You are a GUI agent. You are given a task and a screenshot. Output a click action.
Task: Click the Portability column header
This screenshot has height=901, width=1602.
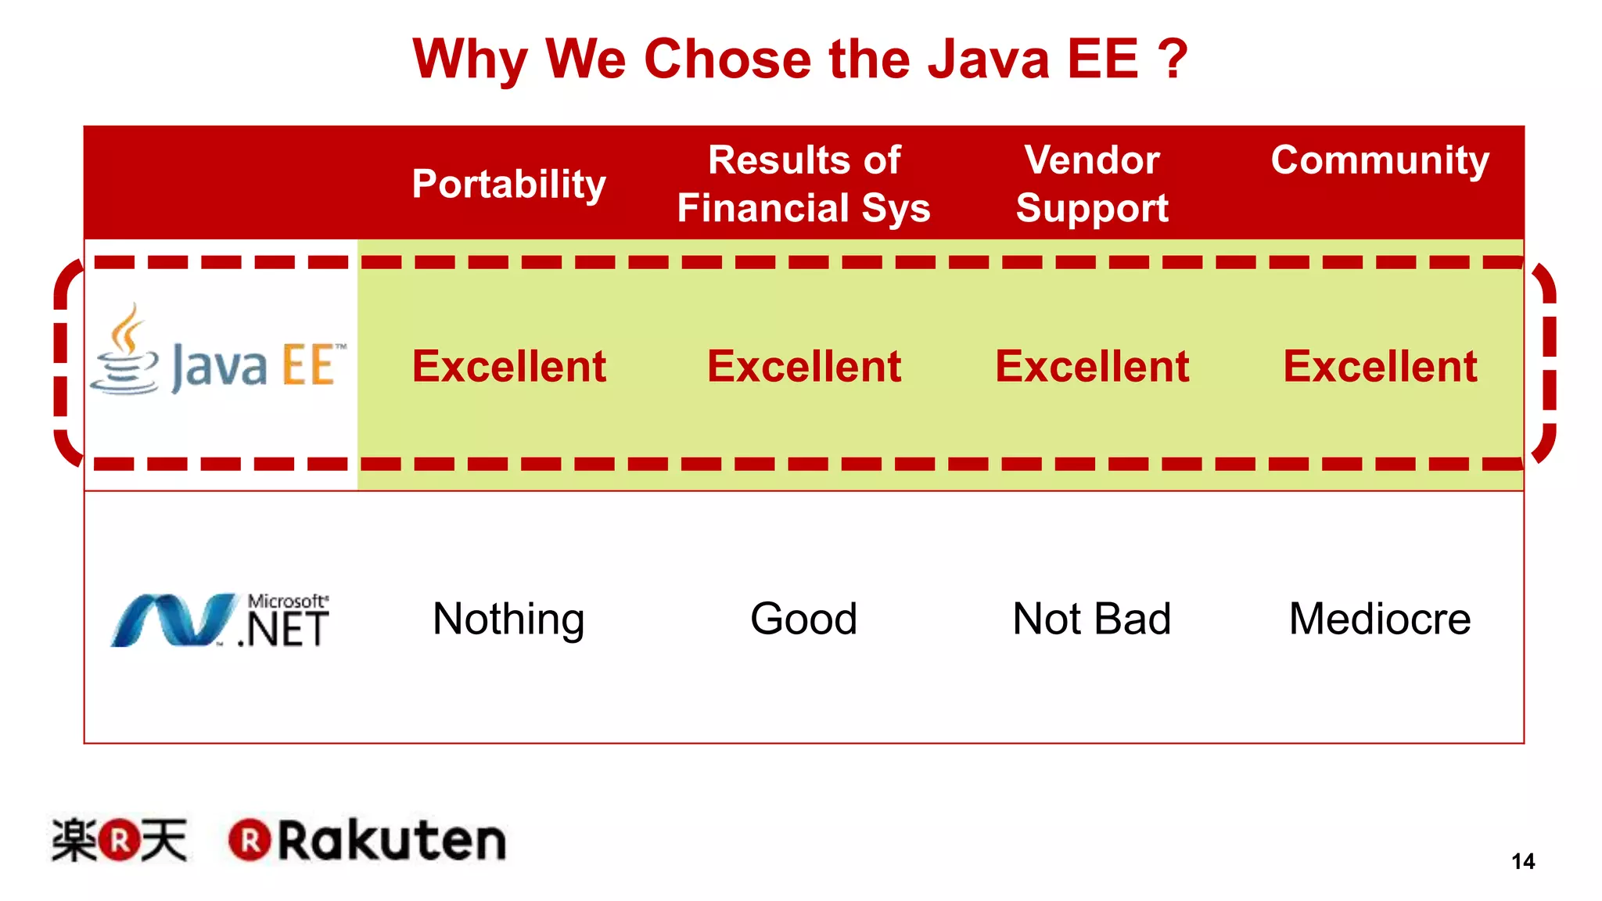pyautogui.click(x=509, y=185)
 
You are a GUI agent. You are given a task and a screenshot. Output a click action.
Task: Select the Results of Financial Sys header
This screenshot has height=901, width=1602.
pyautogui.click(x=804, y=185)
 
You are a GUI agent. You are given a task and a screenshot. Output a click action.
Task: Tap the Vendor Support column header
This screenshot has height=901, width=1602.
pyautogui.click(x=1092, y=185)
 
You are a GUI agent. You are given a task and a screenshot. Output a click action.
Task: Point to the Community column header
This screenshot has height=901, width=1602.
pyautogui.click(x=1380, y=161)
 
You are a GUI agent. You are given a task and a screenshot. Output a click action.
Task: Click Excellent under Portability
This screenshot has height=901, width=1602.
pyautogui.click(x=509, y=366)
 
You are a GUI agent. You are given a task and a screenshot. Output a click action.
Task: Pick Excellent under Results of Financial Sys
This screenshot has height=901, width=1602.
pyautogui.click(x=804, y=366)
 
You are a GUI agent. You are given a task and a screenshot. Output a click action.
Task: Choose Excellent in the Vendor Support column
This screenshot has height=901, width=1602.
pyautogui.click(x=1092, y=366)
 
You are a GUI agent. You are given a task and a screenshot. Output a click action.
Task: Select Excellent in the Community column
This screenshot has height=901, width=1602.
pyautogui.click(x=1380, y=366)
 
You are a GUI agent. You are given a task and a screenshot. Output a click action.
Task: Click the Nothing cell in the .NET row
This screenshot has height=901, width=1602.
pyautogui.click(x=509, y=619)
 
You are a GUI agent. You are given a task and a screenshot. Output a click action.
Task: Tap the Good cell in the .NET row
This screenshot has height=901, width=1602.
pyautogui.click(x=804, y=619)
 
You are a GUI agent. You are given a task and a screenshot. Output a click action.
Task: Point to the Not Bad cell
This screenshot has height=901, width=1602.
pyautogui.click(x=1092, y=619)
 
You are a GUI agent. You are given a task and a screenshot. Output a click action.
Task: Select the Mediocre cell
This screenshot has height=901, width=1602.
pyautogui.click(x=1380, y=619)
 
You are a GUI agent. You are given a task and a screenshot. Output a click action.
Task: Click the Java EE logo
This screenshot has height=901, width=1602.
pyautogui.click(x=219, y=356)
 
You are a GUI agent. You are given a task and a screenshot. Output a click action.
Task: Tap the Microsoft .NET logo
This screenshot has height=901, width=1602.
pyautogui.click(x=221, y=620)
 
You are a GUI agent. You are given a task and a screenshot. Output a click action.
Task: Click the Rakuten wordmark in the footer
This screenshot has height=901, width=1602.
pyautogui.click(x=368, y=841)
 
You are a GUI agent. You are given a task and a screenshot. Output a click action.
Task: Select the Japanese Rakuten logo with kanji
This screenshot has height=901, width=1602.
pyautogui.click(x=120, y=841)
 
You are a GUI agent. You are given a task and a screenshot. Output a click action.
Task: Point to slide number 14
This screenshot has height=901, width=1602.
pyautogui.click(x=1523, y=861)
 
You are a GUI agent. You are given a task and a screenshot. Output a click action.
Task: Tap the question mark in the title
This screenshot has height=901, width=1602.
pyautogui.click(x=1172, y=59)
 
